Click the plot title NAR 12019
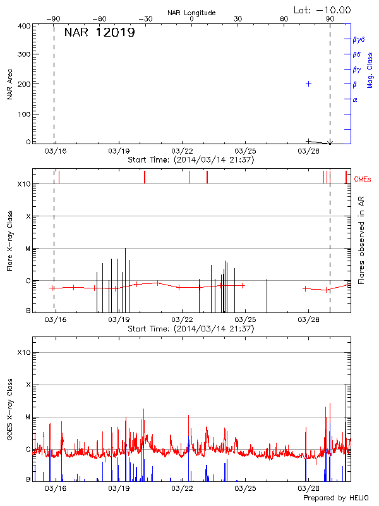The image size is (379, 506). [99, 33]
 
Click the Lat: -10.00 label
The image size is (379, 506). [323, 9]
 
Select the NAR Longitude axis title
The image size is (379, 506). [191, 12]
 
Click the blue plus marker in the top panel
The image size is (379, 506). [308, 83]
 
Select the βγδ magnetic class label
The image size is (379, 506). [359, 39]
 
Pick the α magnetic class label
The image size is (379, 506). [355, 99]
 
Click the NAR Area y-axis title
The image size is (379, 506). [10, 85]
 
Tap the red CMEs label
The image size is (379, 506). [363, 179]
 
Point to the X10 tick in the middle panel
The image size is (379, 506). [23, 184]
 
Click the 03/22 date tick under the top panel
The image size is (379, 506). [182, 152]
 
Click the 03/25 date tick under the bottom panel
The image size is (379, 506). [245, 489]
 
